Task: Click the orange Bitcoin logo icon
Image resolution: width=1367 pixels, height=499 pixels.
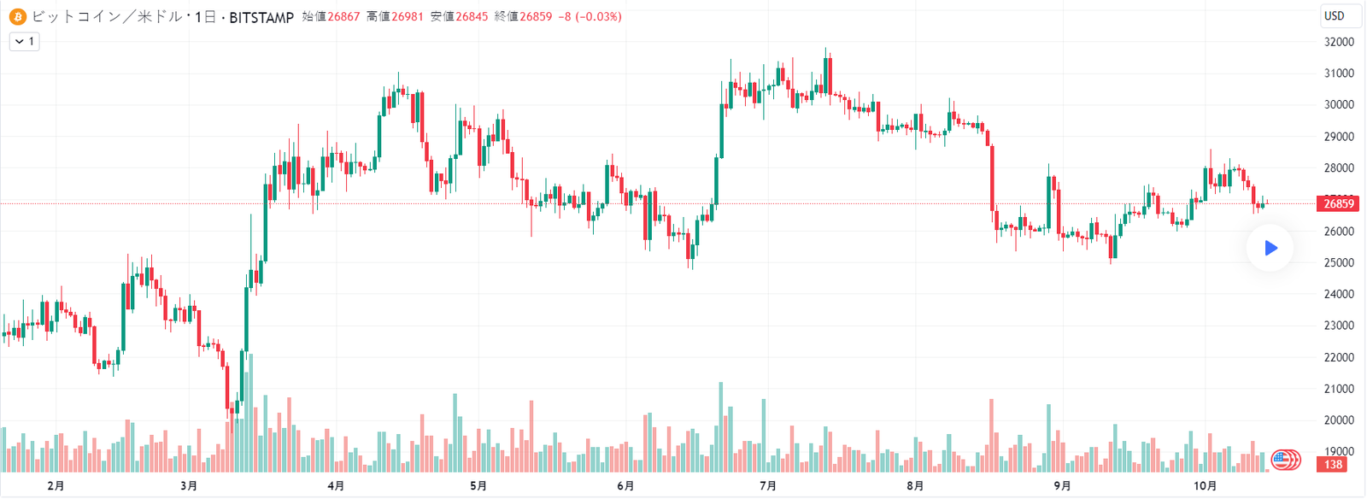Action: (18, 16)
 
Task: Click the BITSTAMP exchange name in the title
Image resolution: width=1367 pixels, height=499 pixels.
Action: (261, 17)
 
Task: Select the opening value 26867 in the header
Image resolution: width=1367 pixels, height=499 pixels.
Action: (343, 16)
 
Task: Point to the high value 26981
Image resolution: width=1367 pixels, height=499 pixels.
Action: (408, 16)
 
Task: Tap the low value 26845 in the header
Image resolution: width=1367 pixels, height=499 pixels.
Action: (472, 16)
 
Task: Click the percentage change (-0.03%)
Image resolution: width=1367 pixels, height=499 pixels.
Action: (598, 16)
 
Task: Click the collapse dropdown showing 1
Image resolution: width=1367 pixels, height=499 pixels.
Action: (24, 41)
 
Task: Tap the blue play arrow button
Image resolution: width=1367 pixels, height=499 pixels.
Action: (1270, 248)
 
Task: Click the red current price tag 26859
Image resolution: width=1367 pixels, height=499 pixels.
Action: (1338, 203)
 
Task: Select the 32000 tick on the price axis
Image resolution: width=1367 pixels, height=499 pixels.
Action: (1339, 42)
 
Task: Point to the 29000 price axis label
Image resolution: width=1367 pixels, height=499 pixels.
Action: (1339, 137)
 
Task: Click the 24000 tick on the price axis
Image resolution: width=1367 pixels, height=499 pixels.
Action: (1339, 294)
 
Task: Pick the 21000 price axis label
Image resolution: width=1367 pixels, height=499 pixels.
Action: (1339, 389)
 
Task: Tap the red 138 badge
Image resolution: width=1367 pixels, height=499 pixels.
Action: (1333, 464)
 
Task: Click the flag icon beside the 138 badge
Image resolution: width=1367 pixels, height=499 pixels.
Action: (1283, 460)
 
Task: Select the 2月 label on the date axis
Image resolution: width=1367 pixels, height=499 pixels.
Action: (56, 486)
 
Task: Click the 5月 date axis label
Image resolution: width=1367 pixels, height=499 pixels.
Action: (478, 486)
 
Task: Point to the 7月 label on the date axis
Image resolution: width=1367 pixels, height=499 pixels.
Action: (768, 486)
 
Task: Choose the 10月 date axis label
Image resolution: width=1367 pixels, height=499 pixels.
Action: (1205, 486)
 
